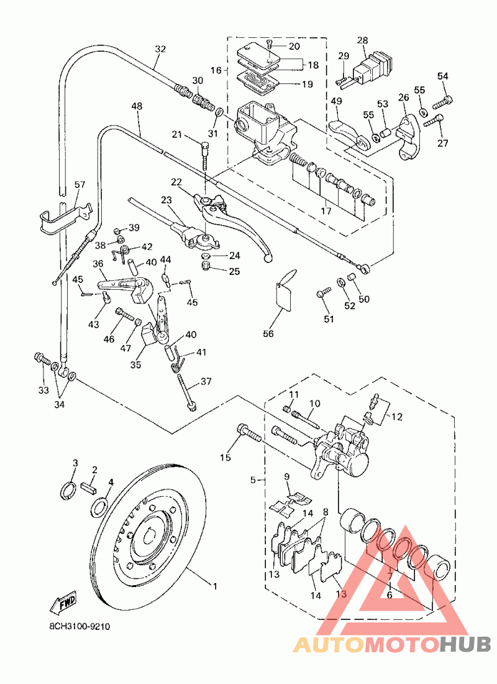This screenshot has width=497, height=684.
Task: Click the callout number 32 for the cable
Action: pos(161,49)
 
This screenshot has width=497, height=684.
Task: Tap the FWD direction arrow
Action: pos(63,601)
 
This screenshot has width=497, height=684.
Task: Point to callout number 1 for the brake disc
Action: pos(215,586)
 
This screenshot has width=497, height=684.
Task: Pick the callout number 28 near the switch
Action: pos(362,40)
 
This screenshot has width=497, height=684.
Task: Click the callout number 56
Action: pos(268,334)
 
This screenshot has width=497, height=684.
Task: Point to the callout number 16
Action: pos(216,71)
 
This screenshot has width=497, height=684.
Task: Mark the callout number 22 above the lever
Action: pos(176,182)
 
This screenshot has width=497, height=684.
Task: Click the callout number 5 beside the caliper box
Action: pos(253,480)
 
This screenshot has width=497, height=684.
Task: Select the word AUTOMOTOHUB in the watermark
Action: pos(392,645)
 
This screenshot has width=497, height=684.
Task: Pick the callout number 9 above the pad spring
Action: pos(287,477)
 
